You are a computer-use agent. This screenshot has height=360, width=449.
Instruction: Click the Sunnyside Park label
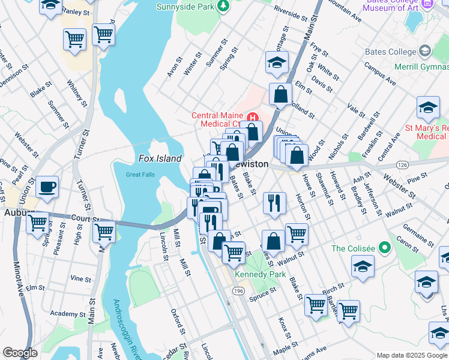(x=185, y=7)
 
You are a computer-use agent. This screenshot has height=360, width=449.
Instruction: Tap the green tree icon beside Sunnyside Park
(x=223, y=6)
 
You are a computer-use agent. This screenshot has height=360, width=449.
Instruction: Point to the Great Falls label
(x=140, y=175)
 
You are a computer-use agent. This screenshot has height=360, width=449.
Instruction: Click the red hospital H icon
(x=253, y=117)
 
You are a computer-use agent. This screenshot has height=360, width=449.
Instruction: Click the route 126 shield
(x=402, y=164)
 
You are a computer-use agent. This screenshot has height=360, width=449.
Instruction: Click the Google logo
(x=20, y=353)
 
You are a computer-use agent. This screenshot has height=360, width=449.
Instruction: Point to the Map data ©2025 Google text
(x=411, y=355)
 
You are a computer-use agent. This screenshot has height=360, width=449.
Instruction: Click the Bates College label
(x=390, y=52)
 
